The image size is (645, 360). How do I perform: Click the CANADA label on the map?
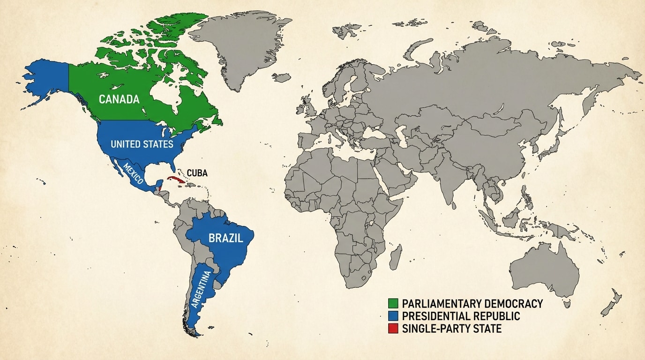click(x=119, y=99)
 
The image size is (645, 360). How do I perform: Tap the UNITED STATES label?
click(x=142, y=144)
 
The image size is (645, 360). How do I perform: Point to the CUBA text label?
click(x=197, y=173)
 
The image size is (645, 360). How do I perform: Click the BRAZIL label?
click(x=226, y=238)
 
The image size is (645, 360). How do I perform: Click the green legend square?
click(x=394, y=304)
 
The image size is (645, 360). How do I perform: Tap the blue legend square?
click(x=394, y=316)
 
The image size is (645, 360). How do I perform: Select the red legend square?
click(x=394, y=329)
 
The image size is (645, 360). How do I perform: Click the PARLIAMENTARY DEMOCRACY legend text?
click(x=472, y=304)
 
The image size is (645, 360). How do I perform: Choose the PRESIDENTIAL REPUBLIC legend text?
click(x=461, y=316)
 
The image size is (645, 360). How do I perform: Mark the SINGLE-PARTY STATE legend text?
click(x=451, y=329)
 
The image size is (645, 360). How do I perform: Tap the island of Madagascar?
click(x=396, y=257)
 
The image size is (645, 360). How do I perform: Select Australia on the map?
click(x=546, y=270)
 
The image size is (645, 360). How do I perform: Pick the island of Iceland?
click(x=283, y=77)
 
